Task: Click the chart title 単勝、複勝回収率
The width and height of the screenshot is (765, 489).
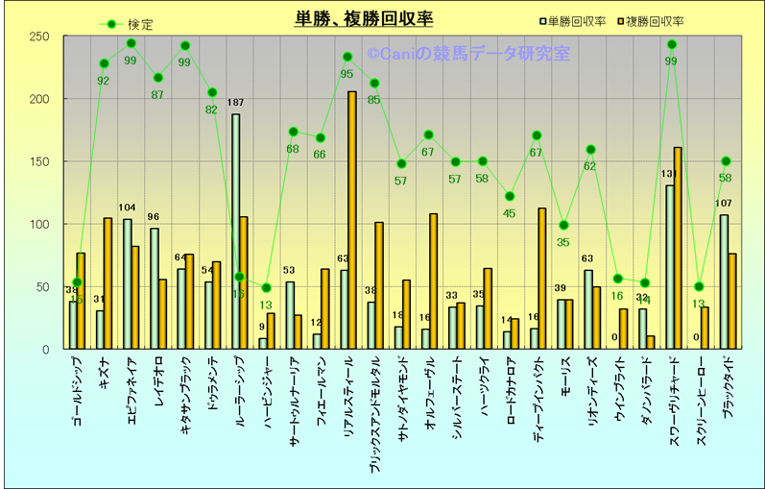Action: coord(364,18)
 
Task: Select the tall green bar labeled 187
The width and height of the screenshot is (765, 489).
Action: coord(235,231)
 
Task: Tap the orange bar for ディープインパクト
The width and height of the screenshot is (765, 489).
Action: coord(542,278)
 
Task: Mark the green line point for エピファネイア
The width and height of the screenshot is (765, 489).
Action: coord(131,43)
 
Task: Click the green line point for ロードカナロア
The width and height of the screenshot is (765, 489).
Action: coord(510,196)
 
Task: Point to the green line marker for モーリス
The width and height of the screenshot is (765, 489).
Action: coord(563,225)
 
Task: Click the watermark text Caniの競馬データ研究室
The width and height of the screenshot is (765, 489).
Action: coord(468,54)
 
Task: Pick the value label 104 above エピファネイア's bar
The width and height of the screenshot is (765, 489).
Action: coord(128,208)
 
